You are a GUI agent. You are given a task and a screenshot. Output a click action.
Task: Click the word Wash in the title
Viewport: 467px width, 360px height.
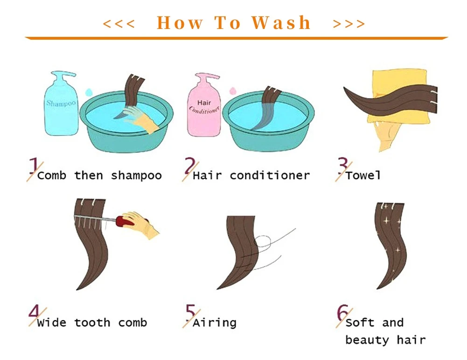[281, 23]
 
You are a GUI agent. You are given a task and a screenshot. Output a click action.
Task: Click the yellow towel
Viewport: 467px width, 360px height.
[399, 95]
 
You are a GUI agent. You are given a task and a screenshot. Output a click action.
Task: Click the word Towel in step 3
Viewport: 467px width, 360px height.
[363, 175]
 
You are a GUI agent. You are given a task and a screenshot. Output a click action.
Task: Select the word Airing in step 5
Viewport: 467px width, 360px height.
[215, 323]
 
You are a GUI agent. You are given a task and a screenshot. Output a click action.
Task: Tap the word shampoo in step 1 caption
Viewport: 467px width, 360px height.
[136, 176]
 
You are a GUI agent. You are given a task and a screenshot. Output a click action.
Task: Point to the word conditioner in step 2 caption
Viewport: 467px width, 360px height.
[270, 175]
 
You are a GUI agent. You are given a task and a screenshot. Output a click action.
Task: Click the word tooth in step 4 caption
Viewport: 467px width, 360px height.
[92, 323]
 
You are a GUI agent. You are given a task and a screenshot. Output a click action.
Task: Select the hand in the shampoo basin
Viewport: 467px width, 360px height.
[140, 119]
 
